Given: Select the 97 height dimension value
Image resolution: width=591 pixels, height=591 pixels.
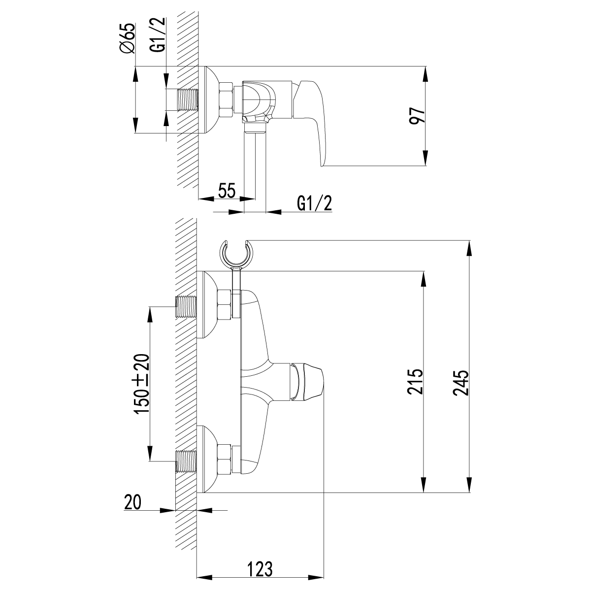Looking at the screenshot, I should tap(418, 116).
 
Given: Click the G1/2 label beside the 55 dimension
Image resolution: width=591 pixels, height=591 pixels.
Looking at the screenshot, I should tap(314, 202).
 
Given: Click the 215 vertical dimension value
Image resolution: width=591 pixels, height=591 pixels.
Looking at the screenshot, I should tap(415, 382).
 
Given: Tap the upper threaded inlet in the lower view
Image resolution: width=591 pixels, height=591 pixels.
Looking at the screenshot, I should tap(186, 307).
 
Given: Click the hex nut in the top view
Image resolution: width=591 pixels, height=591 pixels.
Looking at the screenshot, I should tap(226, 100).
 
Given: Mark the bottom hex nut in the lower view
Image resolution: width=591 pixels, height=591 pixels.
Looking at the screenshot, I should tap(225, 461).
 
